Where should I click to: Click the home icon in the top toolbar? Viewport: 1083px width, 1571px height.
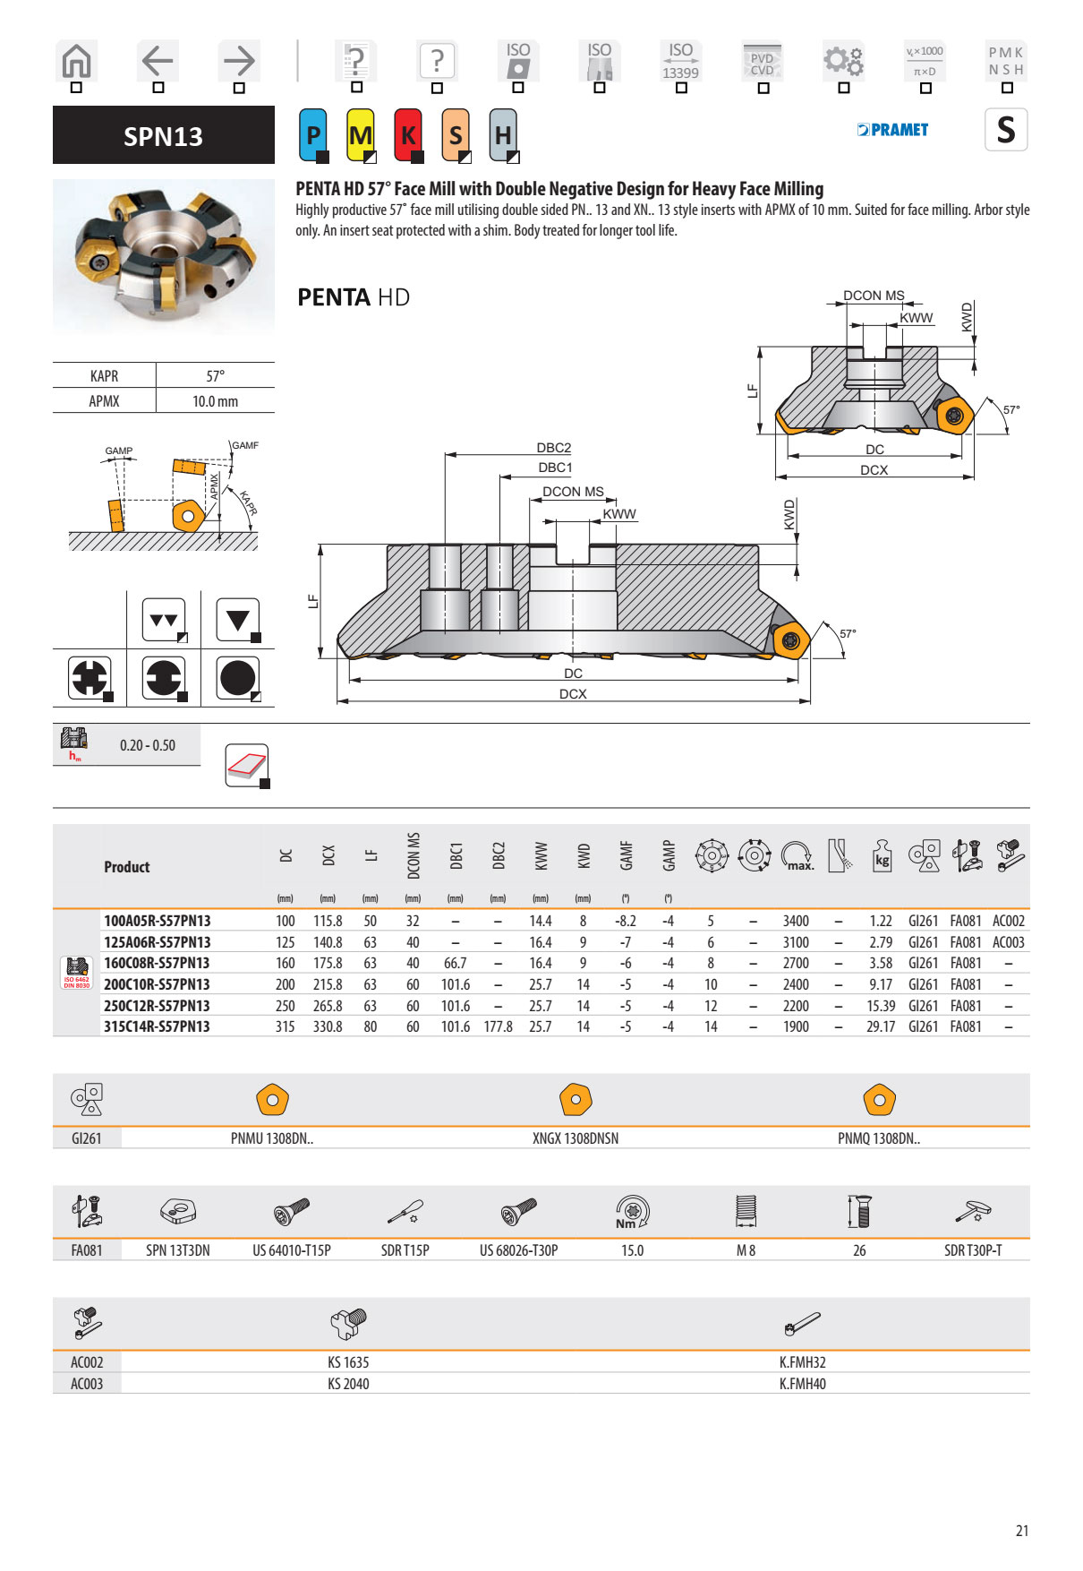point(76,61)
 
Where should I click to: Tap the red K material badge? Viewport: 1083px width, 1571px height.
point(408,135)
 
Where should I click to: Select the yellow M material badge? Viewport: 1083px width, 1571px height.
point(361,135)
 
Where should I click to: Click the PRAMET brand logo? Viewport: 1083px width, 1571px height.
point(892,130)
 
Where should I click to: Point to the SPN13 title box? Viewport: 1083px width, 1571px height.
point(163,135)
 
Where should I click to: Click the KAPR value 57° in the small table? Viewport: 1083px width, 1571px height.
point(215,376)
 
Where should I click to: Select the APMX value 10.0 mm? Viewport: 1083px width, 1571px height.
point(215,401)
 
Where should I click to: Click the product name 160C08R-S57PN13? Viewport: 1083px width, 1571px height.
point(157,963)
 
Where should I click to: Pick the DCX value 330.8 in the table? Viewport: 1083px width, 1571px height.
point(328,1026)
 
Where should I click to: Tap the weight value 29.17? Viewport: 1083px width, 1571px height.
point(881,1026)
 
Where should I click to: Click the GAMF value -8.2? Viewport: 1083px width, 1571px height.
point(626,921)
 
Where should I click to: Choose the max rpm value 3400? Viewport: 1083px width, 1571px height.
point(796,921)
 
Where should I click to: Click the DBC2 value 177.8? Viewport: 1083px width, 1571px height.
point(498,1026)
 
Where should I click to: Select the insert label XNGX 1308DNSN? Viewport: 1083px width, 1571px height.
point(576,1138)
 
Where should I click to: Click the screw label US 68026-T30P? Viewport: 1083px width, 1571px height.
point(518,1250)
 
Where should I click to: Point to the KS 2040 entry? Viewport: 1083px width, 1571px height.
point(348,1384)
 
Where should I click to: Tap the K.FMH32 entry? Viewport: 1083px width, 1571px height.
point(802,1362)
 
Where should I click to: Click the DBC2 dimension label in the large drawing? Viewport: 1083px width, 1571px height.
point(553,448)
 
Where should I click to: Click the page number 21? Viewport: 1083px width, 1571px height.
point(1021,1531)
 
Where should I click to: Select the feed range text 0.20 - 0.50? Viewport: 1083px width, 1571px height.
point(148,745)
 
